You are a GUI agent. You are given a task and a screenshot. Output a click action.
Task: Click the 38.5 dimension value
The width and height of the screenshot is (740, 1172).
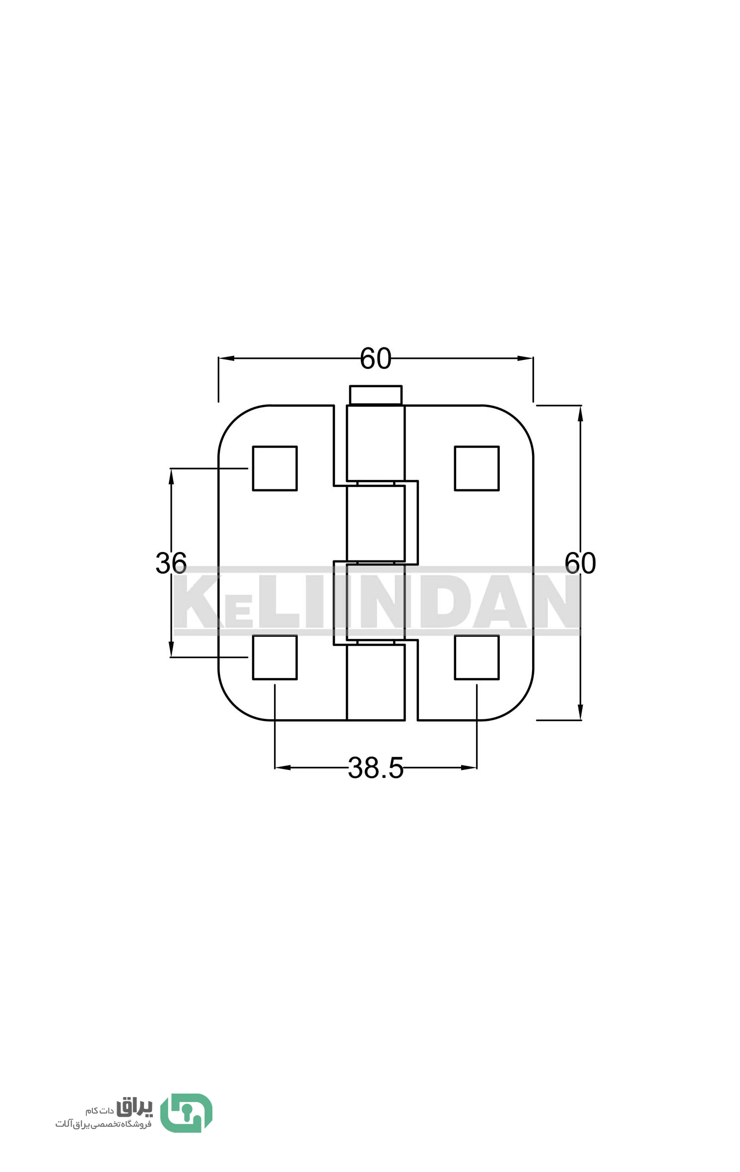pyautogui.click(x=376, y=768)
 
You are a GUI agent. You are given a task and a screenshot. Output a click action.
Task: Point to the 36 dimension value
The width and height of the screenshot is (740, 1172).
pyautogui.click(x=171, y=563)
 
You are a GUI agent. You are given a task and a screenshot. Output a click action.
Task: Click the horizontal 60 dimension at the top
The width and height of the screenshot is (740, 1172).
pyautogui.click(x=376, y=358)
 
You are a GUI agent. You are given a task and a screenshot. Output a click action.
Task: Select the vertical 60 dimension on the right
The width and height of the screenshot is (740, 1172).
pyautogui.click(x=580, y=563)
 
